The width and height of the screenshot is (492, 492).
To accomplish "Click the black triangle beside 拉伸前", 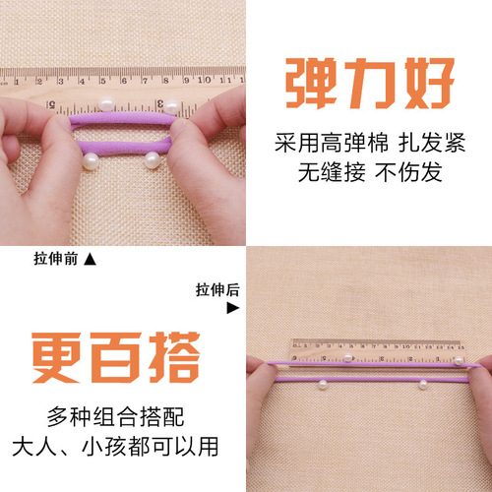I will point(91,260).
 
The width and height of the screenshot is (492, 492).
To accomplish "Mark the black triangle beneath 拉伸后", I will point(232,307).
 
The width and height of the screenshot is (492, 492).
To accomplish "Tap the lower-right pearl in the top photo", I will point(154,156).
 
